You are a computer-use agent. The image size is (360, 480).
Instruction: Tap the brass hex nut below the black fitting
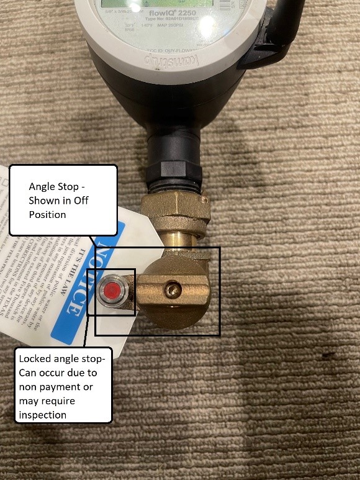pyautogui.click(x=174, y=215)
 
